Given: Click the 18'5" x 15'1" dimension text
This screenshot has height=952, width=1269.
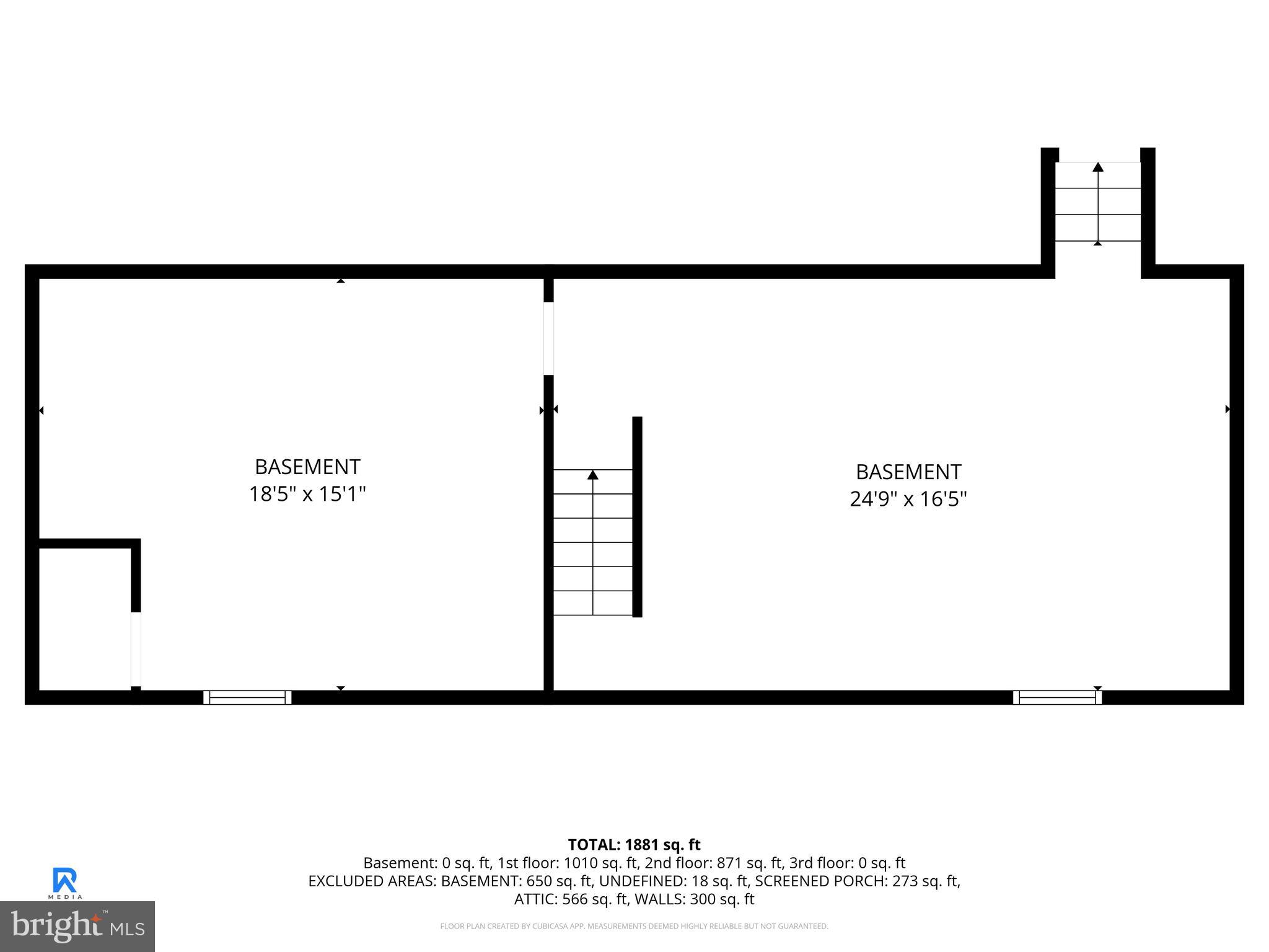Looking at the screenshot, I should point(307,494).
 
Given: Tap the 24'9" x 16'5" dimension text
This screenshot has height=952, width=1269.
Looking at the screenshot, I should point(908,499).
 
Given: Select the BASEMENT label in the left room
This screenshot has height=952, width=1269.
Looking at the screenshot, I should point(307,467).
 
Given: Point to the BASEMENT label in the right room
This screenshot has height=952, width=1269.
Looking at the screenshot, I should point(908,472).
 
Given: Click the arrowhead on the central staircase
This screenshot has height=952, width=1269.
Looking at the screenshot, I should point(593,475).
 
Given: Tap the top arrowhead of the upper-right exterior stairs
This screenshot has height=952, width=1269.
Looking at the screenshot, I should point(1098,167).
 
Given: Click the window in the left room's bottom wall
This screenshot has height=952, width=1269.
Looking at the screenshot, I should point(247,697).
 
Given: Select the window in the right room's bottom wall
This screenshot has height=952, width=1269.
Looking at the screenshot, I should point(1057,697).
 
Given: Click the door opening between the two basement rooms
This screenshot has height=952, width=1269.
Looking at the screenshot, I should point(548,338).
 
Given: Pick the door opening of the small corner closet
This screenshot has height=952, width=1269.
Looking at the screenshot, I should point(136,649).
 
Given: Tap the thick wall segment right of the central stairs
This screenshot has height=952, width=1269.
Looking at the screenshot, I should point(637,516).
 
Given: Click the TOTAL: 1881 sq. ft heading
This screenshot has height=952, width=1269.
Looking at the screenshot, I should point(634,845).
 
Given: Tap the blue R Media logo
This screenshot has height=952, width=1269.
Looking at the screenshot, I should point(65,883).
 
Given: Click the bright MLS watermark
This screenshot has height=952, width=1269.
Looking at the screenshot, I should point(77,926).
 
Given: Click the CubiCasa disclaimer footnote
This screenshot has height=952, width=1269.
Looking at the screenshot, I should point(634,927).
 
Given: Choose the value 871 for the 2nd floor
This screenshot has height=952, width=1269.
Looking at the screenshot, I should point(728,863).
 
